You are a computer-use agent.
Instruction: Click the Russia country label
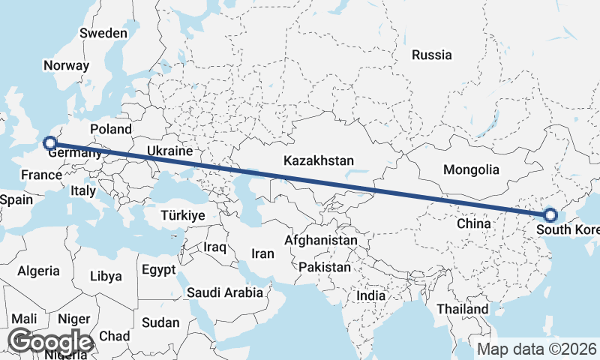click(432, 55)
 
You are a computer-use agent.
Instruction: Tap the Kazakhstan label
click(318, 160)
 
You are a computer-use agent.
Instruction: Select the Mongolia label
click(471, 169)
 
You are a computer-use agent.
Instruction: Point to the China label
click(473, 223)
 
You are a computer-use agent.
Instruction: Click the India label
click(370, 295)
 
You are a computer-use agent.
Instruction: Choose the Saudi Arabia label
click(225, 292)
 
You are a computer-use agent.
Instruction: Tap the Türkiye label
click(183, 215)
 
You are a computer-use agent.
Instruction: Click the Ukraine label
click(169, 151)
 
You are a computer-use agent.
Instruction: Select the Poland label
click(110, 129)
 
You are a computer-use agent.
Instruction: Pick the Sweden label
click(104, 33)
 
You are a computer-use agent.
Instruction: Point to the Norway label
click(66, 65)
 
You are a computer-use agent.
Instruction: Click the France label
click(41, 175)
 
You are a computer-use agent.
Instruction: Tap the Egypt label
click(158, 269)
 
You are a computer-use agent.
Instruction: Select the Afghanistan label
click(321, 241)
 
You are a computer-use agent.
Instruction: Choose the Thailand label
click(463, 309)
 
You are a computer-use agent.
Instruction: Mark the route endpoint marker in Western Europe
click(49, 142)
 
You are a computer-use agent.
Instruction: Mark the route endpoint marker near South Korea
click(550, 215)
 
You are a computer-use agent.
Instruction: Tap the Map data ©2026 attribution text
click(536, 349)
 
